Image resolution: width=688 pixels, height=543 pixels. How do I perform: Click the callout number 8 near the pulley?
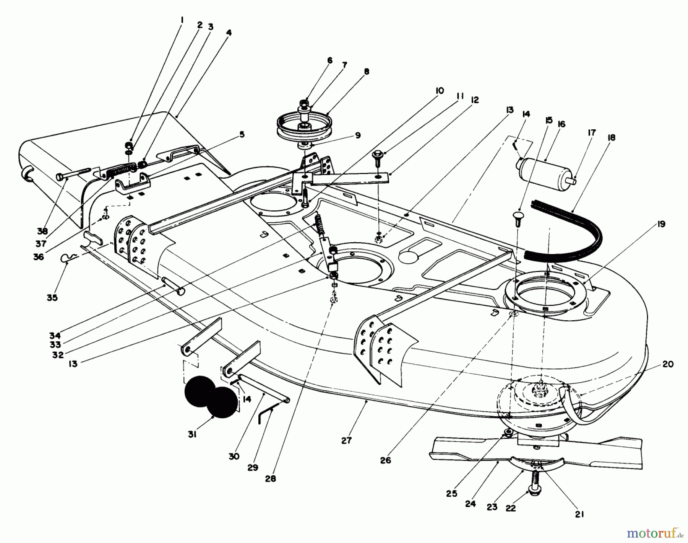[x=367, y=72]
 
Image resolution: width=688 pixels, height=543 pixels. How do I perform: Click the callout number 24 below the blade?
[x=471, y=504]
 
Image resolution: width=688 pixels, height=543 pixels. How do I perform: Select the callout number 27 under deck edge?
[x=346, y=440]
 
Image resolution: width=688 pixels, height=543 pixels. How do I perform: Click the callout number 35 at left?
[x=52, y=297]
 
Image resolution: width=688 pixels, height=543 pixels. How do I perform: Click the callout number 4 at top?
[x=229, y=33]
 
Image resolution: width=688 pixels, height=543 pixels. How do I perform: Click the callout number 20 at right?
[x=668, y=364]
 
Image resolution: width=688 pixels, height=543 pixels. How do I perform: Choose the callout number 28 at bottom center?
[x=270, y=479]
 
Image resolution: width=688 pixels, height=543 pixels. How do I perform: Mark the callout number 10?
[x=439, y=91]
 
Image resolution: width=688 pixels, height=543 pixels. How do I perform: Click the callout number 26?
[x=386, y=460]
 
